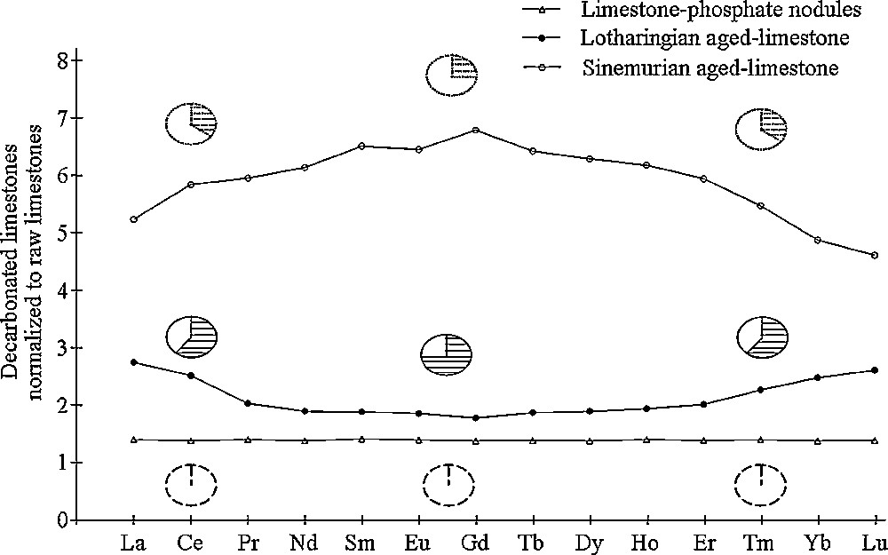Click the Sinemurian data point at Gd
click(476, 130)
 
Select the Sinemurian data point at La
click(133, 219)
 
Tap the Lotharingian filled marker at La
click(133, 362)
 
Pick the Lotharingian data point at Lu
click(875, 370)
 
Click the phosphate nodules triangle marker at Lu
click(875, 440)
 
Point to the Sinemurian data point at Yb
click(817, 240)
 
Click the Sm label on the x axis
click(361, 543)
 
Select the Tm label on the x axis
click(761, 543)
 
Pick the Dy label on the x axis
click(590, 543)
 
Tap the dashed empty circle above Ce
click(191, 483)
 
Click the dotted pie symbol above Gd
click(451, 75)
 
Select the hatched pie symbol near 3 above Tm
click(763, 337)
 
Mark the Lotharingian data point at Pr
click(248, 403)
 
